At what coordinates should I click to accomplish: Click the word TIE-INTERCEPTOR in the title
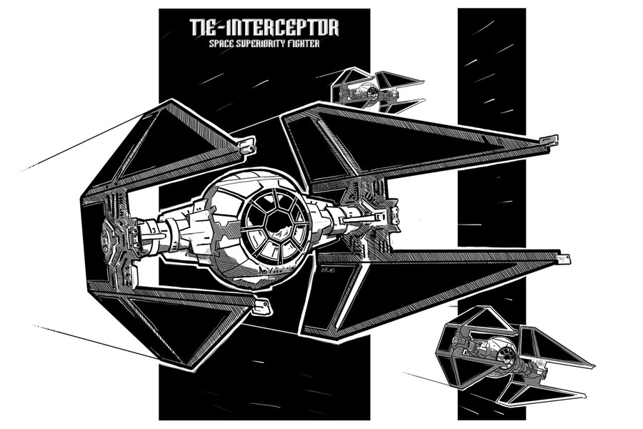(264, 27)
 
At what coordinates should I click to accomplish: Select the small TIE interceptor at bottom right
(512, 355)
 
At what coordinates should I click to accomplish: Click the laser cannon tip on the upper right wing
(549, 140)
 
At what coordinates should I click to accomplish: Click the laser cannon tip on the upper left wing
(247, 146)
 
